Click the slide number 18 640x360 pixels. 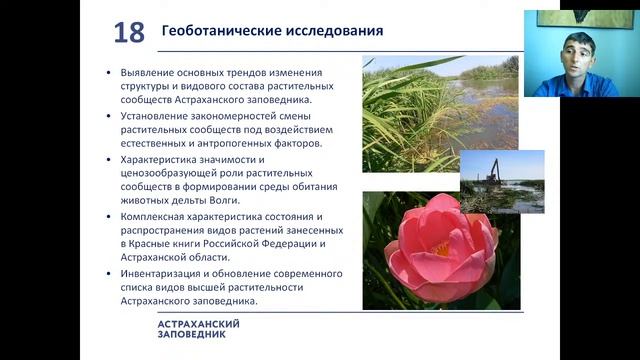(x=129, y=32)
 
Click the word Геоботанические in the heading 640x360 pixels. (x=210, y=32)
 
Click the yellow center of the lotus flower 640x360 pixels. (x=441, y=250)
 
